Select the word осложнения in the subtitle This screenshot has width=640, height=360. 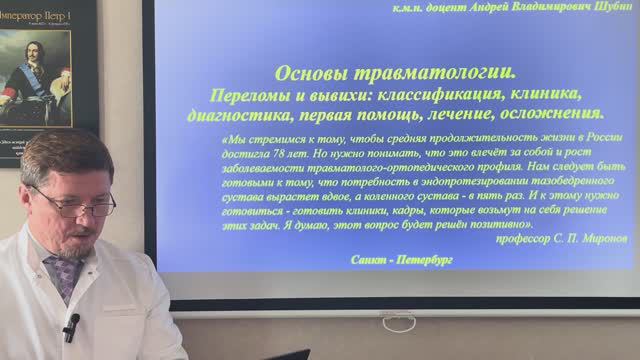click(x=552, y=114)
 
